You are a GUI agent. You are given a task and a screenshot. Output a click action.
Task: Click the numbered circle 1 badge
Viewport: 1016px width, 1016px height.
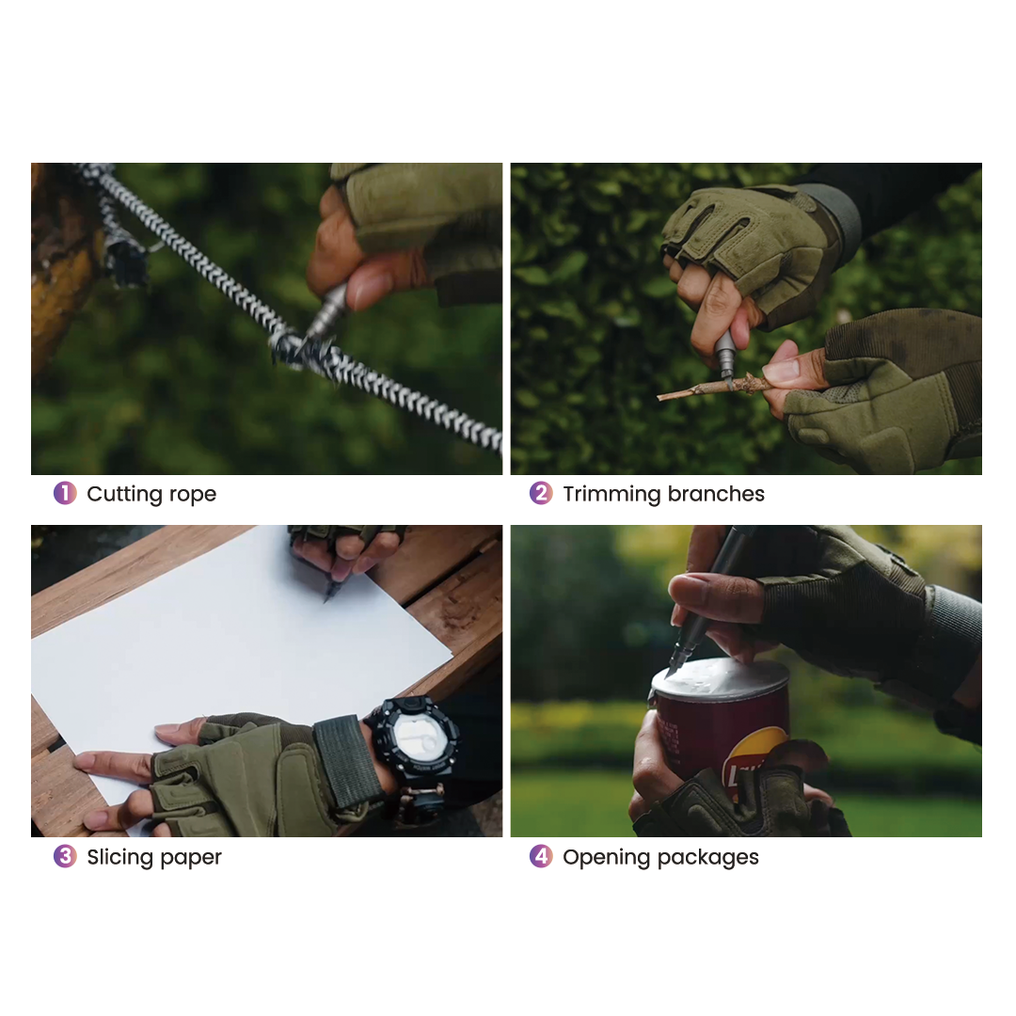pos(65,493)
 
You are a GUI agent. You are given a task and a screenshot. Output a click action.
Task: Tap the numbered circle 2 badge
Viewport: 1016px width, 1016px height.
pos(541,493)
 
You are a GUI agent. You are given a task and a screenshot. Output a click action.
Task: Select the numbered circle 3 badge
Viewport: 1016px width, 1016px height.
pos(65,856)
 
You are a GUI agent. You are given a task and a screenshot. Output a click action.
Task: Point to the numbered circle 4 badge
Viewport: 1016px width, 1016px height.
pos(541,856)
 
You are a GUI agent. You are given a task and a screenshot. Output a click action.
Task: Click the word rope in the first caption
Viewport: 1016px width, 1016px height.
pos(193,495)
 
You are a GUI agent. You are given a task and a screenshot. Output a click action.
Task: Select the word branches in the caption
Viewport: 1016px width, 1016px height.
pos(716,494)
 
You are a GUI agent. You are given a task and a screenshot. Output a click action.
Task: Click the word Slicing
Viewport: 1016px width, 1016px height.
pos(119,857)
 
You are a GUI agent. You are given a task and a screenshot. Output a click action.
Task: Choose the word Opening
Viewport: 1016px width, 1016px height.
pos(605,858)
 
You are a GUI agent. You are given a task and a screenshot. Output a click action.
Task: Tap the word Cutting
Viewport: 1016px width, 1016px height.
pos(124,495)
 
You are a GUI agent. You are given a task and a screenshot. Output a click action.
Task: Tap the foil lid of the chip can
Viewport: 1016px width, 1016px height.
pos(721,677)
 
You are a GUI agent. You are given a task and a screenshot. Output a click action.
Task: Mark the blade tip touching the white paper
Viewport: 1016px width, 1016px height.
pos(325,600)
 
